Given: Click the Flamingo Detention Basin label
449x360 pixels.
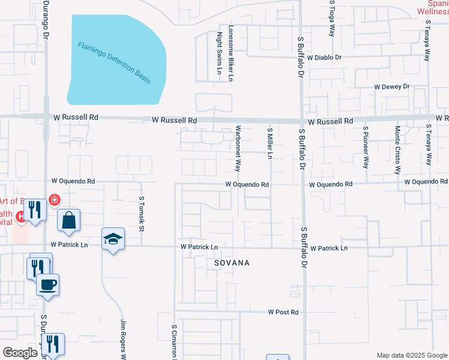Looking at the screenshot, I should point(113,62).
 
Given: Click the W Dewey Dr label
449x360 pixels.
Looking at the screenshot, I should point(391,86).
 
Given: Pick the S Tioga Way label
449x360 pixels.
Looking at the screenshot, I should point(331,20).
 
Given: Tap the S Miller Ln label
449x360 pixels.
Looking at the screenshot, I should point(270,143).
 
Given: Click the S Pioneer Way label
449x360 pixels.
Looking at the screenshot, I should point(366,146).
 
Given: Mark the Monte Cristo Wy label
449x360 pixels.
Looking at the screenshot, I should point(397,146).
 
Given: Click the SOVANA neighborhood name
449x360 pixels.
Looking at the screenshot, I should point(232,263).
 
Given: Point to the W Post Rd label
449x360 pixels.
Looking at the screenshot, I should point(283,312).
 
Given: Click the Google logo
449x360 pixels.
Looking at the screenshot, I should point(20,353).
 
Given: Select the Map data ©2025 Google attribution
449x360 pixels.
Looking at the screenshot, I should point(412,355).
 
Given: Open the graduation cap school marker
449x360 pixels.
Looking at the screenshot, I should point(113,239).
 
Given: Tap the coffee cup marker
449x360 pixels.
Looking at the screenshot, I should point(47,284).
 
